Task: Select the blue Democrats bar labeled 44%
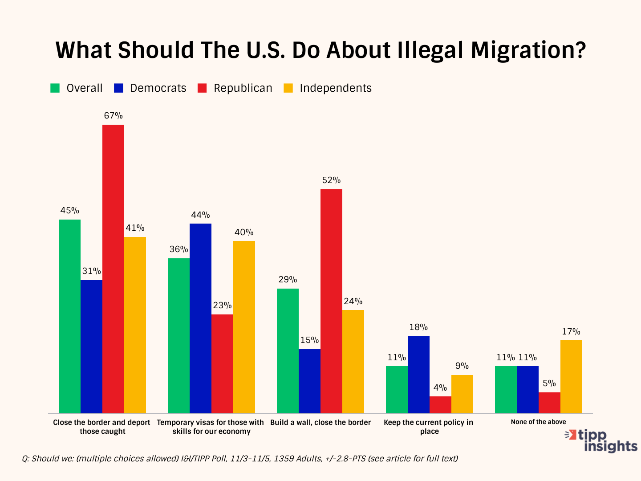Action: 200,318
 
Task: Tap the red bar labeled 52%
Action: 331,301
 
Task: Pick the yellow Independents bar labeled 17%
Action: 571,376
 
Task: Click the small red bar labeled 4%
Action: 440,404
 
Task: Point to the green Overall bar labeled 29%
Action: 288,351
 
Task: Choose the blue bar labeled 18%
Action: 418,375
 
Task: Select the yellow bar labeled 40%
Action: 244,327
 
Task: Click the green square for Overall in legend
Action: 55,88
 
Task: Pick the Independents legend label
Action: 336,88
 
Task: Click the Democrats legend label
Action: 158,88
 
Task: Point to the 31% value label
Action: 91,271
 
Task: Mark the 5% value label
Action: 549,383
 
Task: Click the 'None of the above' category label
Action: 538,422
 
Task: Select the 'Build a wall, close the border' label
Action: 320,422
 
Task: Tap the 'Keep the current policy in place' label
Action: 428,427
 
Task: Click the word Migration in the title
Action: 528,50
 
